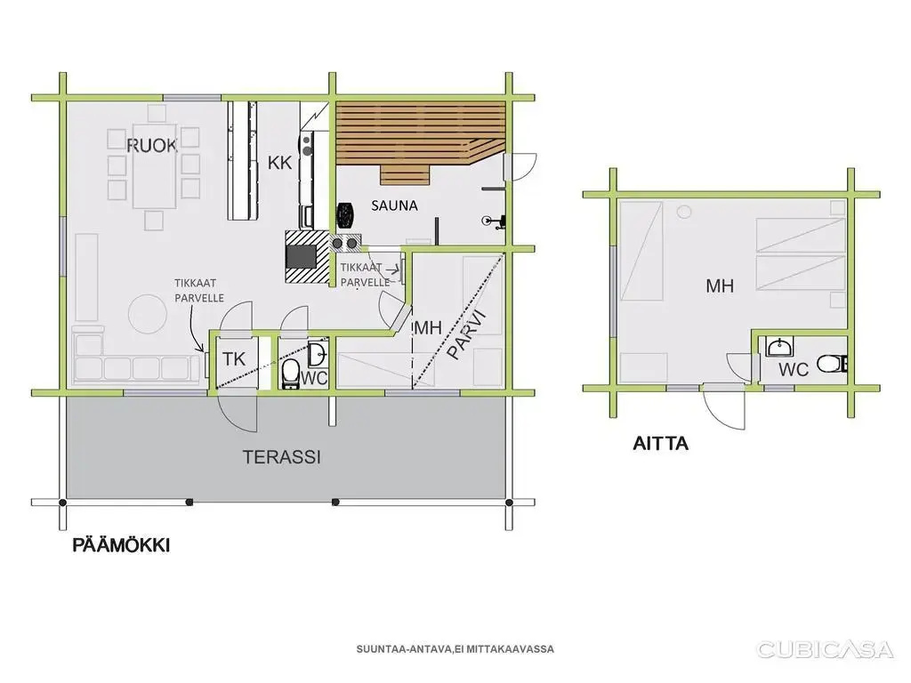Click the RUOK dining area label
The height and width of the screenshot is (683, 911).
pyautogui.click(x=151, y=145)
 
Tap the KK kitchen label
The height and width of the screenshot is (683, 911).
pyautogui.click(x=279, y=163)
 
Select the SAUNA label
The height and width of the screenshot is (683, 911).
pyautogui.click(x=394, y=205)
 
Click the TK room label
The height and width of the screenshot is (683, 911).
pyautogui.click(x=234, y=359)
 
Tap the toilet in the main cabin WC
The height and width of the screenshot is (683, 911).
pyautogui.click(x=291, y=374)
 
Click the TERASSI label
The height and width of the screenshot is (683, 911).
pyautogui.click(x=282, y=457)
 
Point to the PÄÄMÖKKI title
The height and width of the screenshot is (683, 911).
pyautogui.click(x=121, y=545)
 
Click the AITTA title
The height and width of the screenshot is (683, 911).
pyautogui.click(x=661, y=444)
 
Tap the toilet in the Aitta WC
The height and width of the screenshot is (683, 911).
pyautogui.click(x=832, y=364)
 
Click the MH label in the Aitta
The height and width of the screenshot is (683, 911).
pyautogui.click(x=720, y=285)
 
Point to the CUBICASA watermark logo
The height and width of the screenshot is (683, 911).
pyautogui.click(x=825, y=649)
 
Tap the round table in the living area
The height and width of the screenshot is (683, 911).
pyautogui.click(x=149, y=314)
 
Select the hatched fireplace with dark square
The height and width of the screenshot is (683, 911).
pyautogui.click(x=307, y=257)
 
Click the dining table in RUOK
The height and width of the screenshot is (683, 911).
pyautogui.click(x=155, y=165)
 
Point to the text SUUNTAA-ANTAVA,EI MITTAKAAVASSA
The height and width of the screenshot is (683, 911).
pyautogui.click(x=455, y=649)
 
